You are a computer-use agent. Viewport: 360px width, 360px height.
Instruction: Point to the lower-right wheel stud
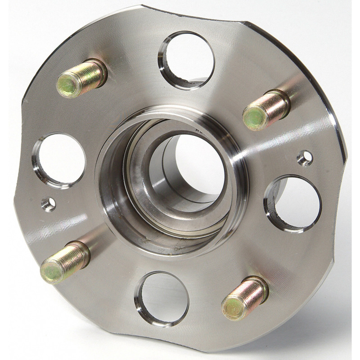coord(245,297)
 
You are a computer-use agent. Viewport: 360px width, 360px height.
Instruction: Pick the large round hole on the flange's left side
coord(59,160)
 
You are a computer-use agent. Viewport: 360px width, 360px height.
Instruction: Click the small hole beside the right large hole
coord(306,157)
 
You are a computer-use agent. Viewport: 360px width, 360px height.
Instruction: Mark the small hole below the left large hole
coord(49,204)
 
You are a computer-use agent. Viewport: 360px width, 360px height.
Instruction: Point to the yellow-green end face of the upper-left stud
coord(67,85)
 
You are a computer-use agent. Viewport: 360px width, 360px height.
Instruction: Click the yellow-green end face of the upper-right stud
coord(252,117)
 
